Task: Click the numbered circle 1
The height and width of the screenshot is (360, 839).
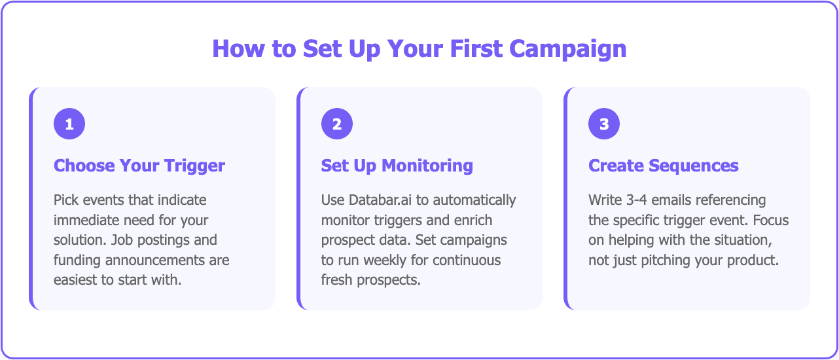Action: coord(69,124)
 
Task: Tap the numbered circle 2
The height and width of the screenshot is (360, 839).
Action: coord(337,124)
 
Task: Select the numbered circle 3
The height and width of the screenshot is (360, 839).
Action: coord(604,124)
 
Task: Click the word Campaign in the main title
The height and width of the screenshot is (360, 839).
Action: coord(568,49)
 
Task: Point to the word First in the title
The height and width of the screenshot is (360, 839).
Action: coord(476,48)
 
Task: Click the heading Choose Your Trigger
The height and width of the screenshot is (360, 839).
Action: coord(139,166)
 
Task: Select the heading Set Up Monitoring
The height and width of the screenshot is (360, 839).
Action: coord(397,166)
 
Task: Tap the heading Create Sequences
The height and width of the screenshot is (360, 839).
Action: coord(664,166)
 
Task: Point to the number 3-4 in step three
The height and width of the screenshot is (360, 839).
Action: coord(636,200)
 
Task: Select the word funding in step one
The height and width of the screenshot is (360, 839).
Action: coord(77,261)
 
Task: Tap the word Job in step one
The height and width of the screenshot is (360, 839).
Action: coord(122,240)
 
